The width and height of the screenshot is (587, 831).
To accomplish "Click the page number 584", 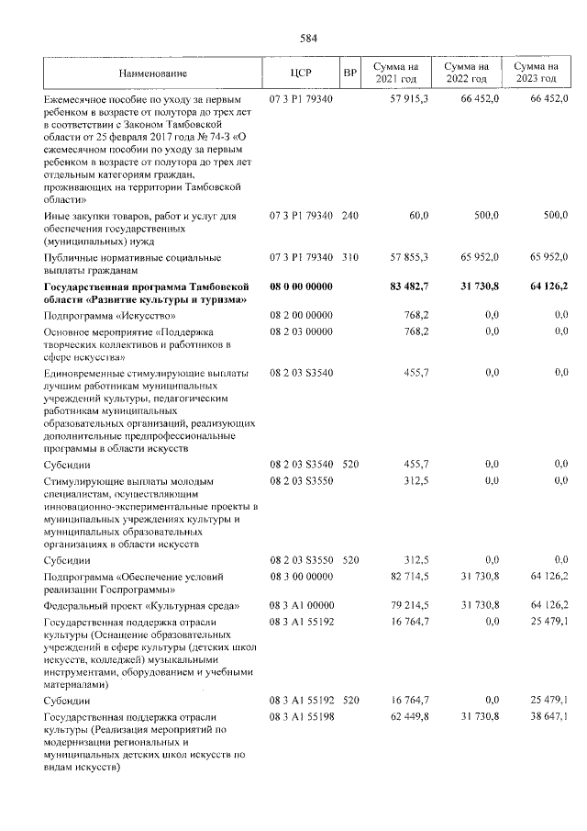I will tap(308, 38).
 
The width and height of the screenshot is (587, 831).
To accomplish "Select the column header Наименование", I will tap(153, 73).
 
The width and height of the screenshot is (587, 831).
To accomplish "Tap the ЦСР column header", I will tap(302, 73).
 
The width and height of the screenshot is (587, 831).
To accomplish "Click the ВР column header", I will tap(349, 73).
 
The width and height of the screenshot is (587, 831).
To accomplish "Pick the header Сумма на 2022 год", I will tap(466, 73).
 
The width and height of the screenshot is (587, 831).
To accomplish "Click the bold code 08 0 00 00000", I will tap(302, 286).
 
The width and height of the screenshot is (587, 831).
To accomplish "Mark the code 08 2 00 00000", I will tap(302, 315).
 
